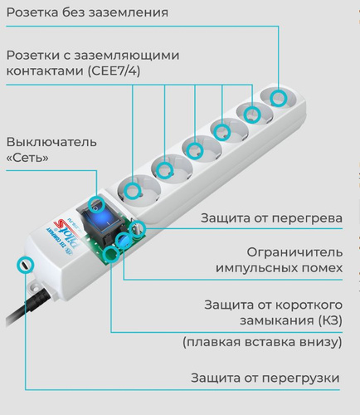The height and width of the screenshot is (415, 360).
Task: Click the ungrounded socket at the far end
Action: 279,99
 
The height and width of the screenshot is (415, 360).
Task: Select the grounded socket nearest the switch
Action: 139,190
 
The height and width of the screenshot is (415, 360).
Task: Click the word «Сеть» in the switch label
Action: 27,158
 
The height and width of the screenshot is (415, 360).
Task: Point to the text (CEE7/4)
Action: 114,71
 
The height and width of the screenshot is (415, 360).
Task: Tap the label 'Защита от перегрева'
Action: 271,218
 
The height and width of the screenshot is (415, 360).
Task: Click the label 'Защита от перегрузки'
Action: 265,378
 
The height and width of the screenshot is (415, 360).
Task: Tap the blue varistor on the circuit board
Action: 123,240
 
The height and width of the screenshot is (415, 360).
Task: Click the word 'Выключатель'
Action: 51,142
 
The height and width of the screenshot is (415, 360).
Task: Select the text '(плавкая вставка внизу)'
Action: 262,342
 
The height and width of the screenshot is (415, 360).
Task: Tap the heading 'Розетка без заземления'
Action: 87,12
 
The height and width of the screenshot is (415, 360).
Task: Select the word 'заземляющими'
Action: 127,56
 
